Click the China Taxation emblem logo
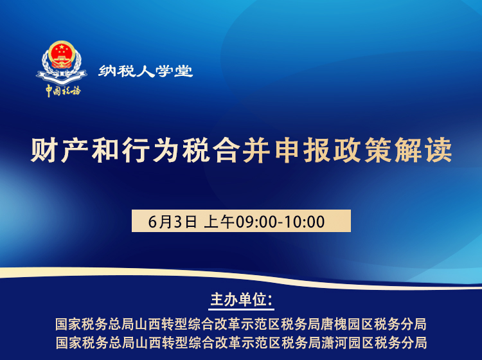pos(62,62)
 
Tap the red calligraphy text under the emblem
pos(63,91)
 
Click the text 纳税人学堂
pos(146,71)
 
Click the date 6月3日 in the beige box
pos(172,222)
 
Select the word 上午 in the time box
pos(219,222)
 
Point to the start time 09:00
pos(256,222)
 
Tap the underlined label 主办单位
pos(240,300)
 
